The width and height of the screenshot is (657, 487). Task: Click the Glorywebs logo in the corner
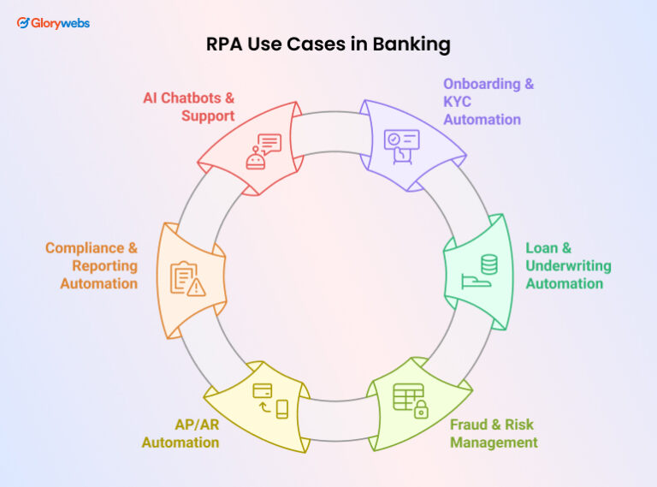[x=53, y=23]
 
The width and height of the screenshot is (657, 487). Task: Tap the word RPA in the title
[x=224, y=45]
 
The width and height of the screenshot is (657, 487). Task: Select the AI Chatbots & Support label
[x=188, y=106]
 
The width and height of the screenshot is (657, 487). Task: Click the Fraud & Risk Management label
[x=494, y=433]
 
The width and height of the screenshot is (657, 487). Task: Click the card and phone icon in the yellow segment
[x=270, y=400]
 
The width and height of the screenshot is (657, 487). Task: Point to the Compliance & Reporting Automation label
[x=92, y=265]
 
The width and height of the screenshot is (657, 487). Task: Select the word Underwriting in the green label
[x=564, y=265]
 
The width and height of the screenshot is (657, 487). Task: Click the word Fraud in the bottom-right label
[x=470, y=425]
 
